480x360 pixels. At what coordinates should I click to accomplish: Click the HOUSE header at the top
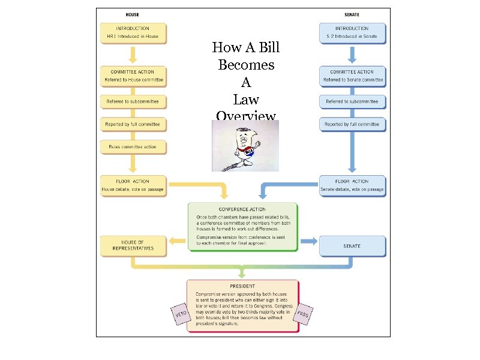133,14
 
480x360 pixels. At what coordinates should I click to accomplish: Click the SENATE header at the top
352,14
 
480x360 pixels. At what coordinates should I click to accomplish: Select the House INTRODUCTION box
133,33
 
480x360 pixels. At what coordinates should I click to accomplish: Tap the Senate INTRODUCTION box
352,33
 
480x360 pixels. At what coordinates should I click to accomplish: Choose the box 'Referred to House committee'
133,76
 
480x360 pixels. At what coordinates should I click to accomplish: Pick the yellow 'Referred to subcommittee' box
133,102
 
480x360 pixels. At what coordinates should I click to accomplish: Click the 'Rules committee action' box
133,146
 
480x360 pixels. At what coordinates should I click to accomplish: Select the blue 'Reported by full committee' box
352,124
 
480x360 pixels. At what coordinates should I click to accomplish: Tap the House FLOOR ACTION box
133,185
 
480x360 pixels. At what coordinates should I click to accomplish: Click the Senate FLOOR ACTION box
352,185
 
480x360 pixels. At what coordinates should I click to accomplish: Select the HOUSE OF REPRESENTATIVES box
133,245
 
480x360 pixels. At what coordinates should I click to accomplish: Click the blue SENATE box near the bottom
352,245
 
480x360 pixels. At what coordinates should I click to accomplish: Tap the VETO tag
179,314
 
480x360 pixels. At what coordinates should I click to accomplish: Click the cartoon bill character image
245,146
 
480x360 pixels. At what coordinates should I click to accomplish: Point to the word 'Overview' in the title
246,116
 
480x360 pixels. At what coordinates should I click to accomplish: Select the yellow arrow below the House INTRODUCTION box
133,55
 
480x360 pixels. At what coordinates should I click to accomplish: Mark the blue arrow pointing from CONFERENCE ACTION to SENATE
308,241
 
